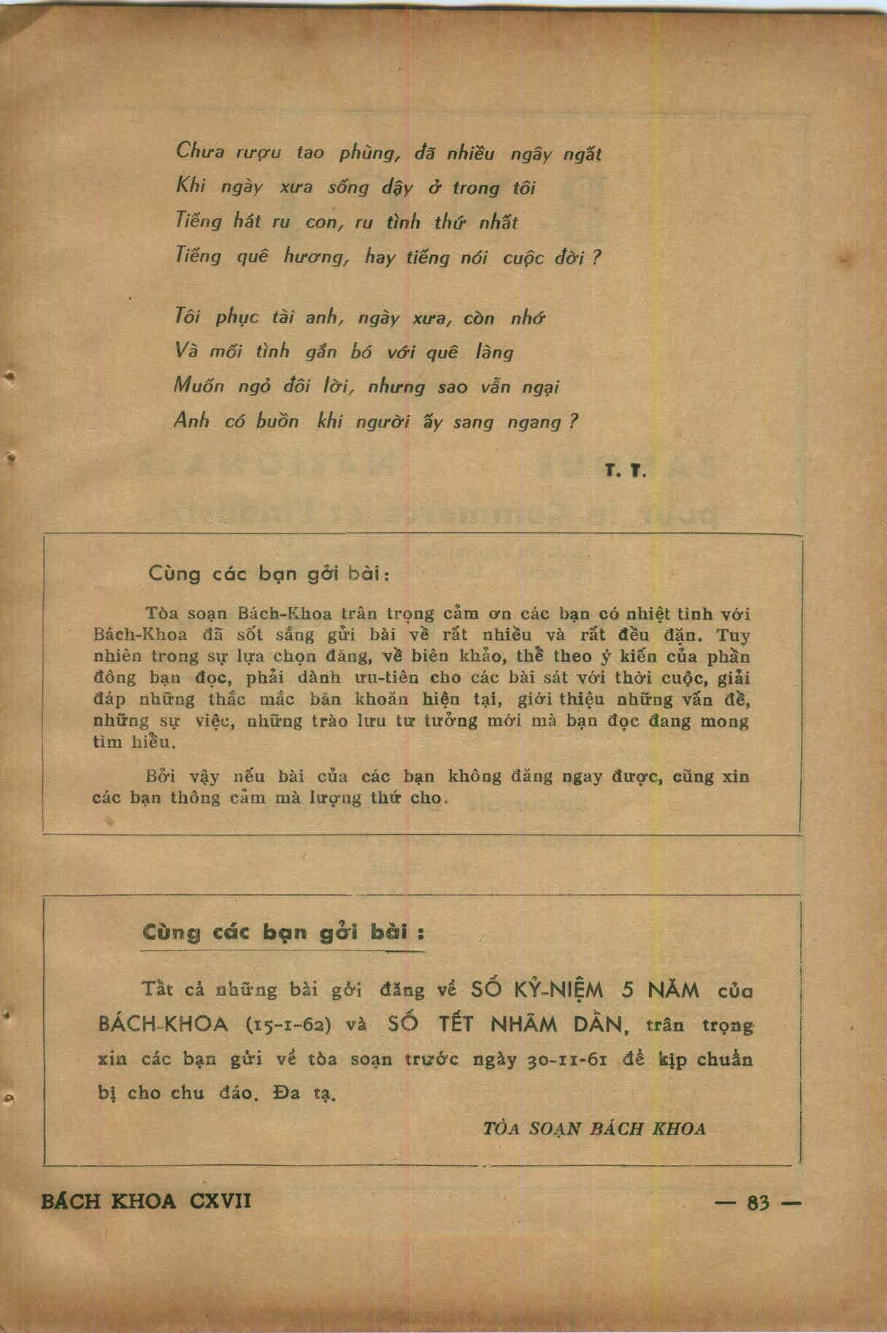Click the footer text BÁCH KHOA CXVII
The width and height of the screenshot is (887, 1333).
pos(146,1201)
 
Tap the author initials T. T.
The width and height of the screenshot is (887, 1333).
pos(626,472)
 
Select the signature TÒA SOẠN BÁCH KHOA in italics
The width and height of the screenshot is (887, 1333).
pos(594,1128)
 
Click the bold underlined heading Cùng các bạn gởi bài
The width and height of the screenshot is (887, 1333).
pos(283,933)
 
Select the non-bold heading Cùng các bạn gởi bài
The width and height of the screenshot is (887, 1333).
pos(269,573)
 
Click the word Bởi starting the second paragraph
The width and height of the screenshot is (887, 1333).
pos(157,776)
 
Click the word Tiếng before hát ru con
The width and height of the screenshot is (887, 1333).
pos(198,221)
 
